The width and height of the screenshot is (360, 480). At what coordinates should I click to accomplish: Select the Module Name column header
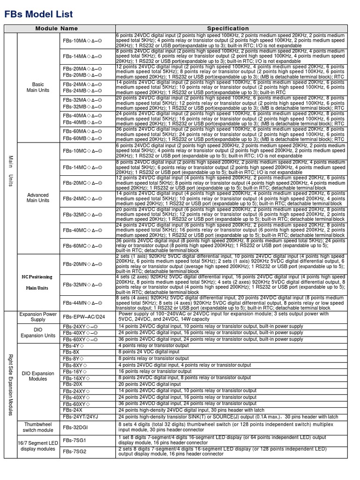[x=60, y=29]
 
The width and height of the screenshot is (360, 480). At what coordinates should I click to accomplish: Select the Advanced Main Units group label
[x=37, y=198]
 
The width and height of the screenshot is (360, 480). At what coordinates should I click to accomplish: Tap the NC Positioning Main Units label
[x=37, y=282]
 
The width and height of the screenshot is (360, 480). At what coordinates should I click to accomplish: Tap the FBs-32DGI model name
[x=75, y=427]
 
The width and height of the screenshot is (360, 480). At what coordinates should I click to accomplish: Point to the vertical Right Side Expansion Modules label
[x=10, y=385]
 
